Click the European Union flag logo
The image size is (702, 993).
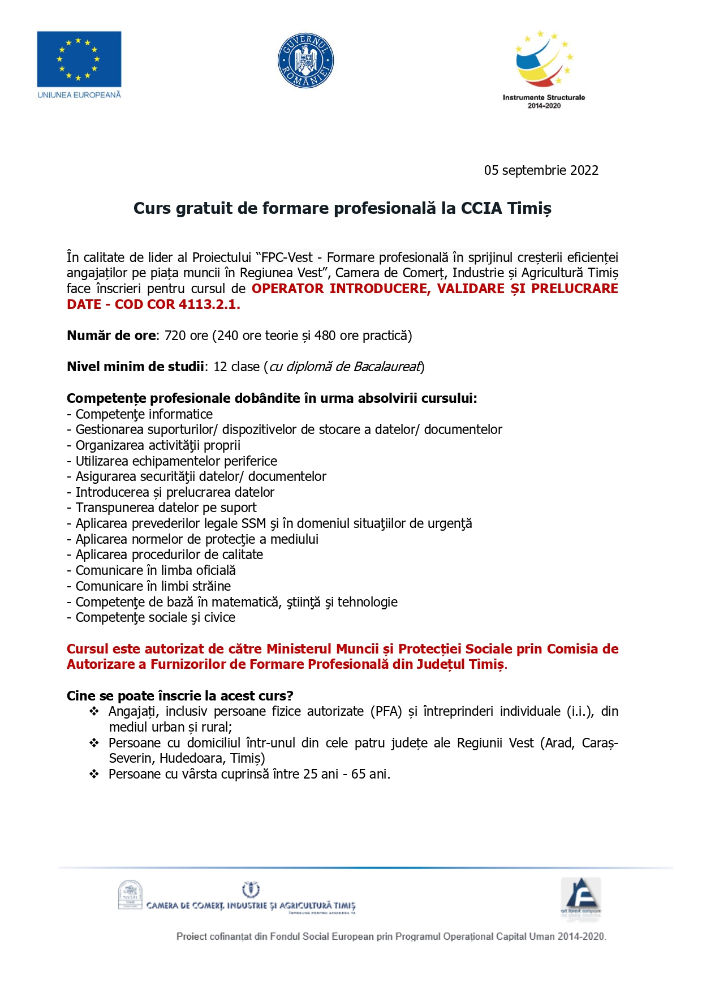(x=79, y=59)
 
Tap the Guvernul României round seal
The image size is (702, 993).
(x=305, y=61)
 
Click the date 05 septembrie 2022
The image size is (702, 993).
(x=541, y=170)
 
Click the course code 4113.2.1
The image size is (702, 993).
(x=209, y=304)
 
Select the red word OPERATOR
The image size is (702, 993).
(x=287, y=289)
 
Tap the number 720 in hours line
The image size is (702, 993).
(x=175, y=336)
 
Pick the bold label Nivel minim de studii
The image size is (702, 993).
(x=135, y=367)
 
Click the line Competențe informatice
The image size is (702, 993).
(x=144, y=414)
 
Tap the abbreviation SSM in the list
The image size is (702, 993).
(x=253, y=523)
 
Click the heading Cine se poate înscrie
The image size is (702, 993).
(x=180, y=695)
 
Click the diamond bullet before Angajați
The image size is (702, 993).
(x=94, y=711)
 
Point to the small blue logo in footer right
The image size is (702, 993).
(x=580, y=896)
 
